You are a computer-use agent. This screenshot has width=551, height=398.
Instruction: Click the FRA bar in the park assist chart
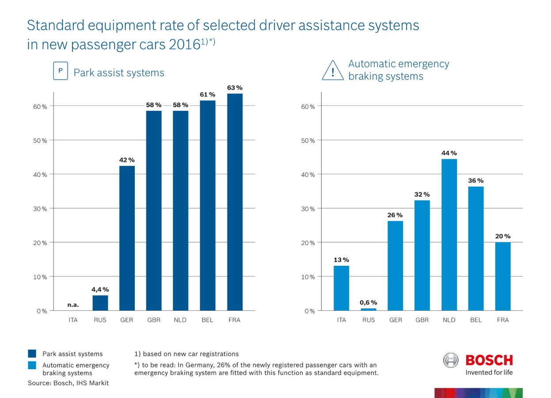point(235,202)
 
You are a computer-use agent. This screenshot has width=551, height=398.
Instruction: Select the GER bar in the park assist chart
point(127,238)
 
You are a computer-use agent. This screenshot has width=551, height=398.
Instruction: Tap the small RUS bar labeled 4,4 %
point(100,303)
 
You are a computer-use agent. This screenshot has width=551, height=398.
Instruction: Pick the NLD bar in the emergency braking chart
point(449,234)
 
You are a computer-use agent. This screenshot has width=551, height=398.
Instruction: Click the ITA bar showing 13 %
point(341,288)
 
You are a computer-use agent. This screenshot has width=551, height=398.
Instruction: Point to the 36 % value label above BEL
point(476,181)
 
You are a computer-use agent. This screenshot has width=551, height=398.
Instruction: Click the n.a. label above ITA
point(73,305)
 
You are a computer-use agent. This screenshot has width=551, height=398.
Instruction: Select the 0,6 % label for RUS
point(368,302)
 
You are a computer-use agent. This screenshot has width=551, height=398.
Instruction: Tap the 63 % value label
point(235,88)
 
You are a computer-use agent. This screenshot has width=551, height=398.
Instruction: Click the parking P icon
point(61,71)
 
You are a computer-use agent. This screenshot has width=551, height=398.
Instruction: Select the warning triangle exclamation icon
point(333,71)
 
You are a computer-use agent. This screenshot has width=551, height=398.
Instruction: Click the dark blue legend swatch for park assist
point(32,354)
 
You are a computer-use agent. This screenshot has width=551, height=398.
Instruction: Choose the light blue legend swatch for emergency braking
point(32,365)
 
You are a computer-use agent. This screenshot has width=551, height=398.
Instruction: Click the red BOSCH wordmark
point(489,360)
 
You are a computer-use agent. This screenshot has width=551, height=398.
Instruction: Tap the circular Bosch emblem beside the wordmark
point(451,360)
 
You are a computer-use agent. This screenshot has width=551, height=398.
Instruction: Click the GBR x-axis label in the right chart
point(422,320)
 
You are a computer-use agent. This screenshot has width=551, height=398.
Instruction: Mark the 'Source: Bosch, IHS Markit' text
point(68,383)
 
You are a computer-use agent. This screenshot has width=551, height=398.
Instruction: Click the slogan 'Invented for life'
point(489,372)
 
